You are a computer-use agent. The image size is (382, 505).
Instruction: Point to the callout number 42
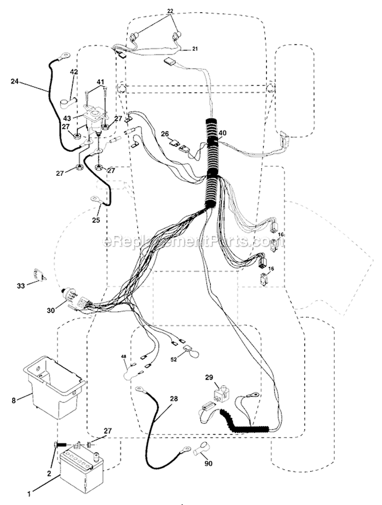pyautogui.click(x=74, y=72)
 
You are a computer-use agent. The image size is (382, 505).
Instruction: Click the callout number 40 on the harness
pyautogui.click(x=223, y=132)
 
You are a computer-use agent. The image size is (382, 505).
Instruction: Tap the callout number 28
pyautogui.click(x=174, y=398)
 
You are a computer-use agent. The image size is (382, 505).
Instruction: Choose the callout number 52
pyautogui.click(x=174, y=359)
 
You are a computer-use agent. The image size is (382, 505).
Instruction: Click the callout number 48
pyautogui.click(x=124, y=356)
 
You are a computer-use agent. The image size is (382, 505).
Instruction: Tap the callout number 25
pyautogui.click(x=96, y=220)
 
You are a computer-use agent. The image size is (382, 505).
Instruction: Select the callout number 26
pyautogui.click(x=165, y=132)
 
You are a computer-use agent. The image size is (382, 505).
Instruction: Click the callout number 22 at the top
pyautogui.click(x=170, y=11)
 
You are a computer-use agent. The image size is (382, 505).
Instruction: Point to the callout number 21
pyautogui.click(x=196, y=49)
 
